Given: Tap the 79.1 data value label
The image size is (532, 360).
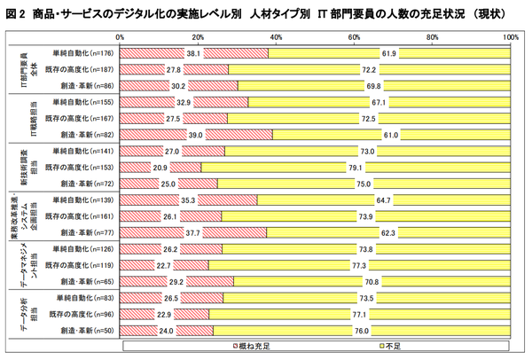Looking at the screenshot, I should pyautogui.click(x=355, y=167).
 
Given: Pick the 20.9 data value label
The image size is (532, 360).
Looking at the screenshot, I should pyautogui.click(x=160, y=167).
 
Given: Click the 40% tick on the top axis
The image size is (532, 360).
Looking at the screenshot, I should pyautogui.click(x=276, y=37).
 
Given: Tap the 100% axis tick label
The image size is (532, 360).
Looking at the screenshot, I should pyautogui.click(x=512, y=37).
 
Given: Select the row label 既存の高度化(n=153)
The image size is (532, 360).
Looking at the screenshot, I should pyautogui.click(x=82, y=167).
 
